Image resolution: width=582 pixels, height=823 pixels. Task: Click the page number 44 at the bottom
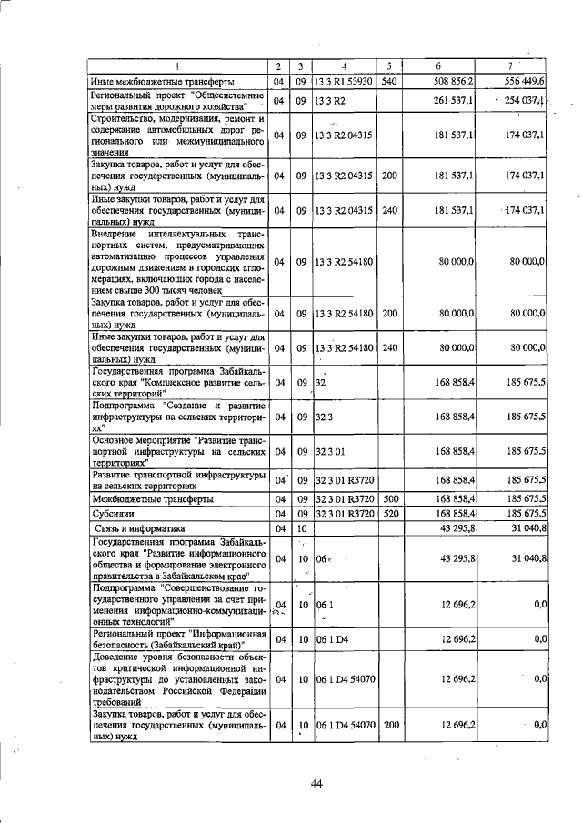tap(316, 785)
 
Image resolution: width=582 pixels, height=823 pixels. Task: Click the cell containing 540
tap(389, 82)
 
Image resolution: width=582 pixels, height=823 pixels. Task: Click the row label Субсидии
tap(112, 513)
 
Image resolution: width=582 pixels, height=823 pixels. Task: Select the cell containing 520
tap(389, 513)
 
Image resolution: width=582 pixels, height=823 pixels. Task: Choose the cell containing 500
tap(389, 499)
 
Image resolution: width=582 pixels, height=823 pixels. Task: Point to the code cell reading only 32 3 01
tap(332, 451)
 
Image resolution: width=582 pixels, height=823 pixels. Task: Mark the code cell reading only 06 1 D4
tap(333, 640)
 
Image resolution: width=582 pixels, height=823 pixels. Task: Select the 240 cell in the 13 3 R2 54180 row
tap(389, 347)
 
